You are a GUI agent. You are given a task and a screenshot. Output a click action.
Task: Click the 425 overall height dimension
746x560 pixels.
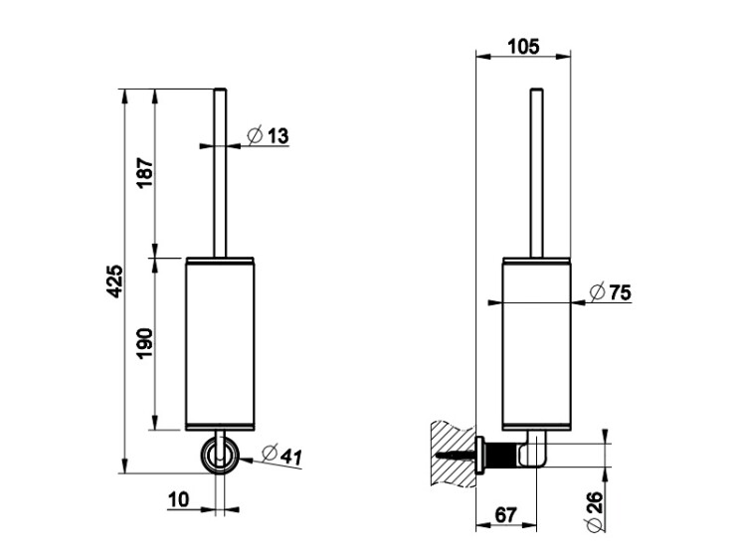coord(114,281)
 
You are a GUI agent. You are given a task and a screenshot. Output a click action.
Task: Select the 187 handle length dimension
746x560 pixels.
coord(145,173)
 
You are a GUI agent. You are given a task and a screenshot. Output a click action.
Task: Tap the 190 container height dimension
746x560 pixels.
coord(144,343)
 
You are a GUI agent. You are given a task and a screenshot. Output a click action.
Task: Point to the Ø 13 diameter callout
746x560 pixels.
coord(268,135)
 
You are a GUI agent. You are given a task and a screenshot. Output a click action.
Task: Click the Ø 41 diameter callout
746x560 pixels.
coord(281,456)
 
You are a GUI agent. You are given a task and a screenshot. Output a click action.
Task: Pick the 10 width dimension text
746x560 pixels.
coord(179,499)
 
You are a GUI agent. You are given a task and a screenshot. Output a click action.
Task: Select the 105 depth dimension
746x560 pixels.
coord(523,47)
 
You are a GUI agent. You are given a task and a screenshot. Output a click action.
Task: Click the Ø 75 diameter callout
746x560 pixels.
coord(610,291)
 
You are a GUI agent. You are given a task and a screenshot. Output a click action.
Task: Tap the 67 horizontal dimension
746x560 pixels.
coord(505,515)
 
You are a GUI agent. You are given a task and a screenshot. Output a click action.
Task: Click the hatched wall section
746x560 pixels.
coord(453,454)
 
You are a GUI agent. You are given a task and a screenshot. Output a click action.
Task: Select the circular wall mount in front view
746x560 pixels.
coord(220,456)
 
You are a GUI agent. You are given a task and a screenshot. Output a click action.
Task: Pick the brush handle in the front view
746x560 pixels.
coord(220,173)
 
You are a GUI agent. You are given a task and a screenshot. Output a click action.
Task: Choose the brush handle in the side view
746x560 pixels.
coord(537,173)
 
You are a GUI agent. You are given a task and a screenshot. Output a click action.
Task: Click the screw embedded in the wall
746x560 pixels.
coord(456,455)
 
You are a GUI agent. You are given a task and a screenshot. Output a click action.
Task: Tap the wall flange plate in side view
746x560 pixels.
coord(480,455)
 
